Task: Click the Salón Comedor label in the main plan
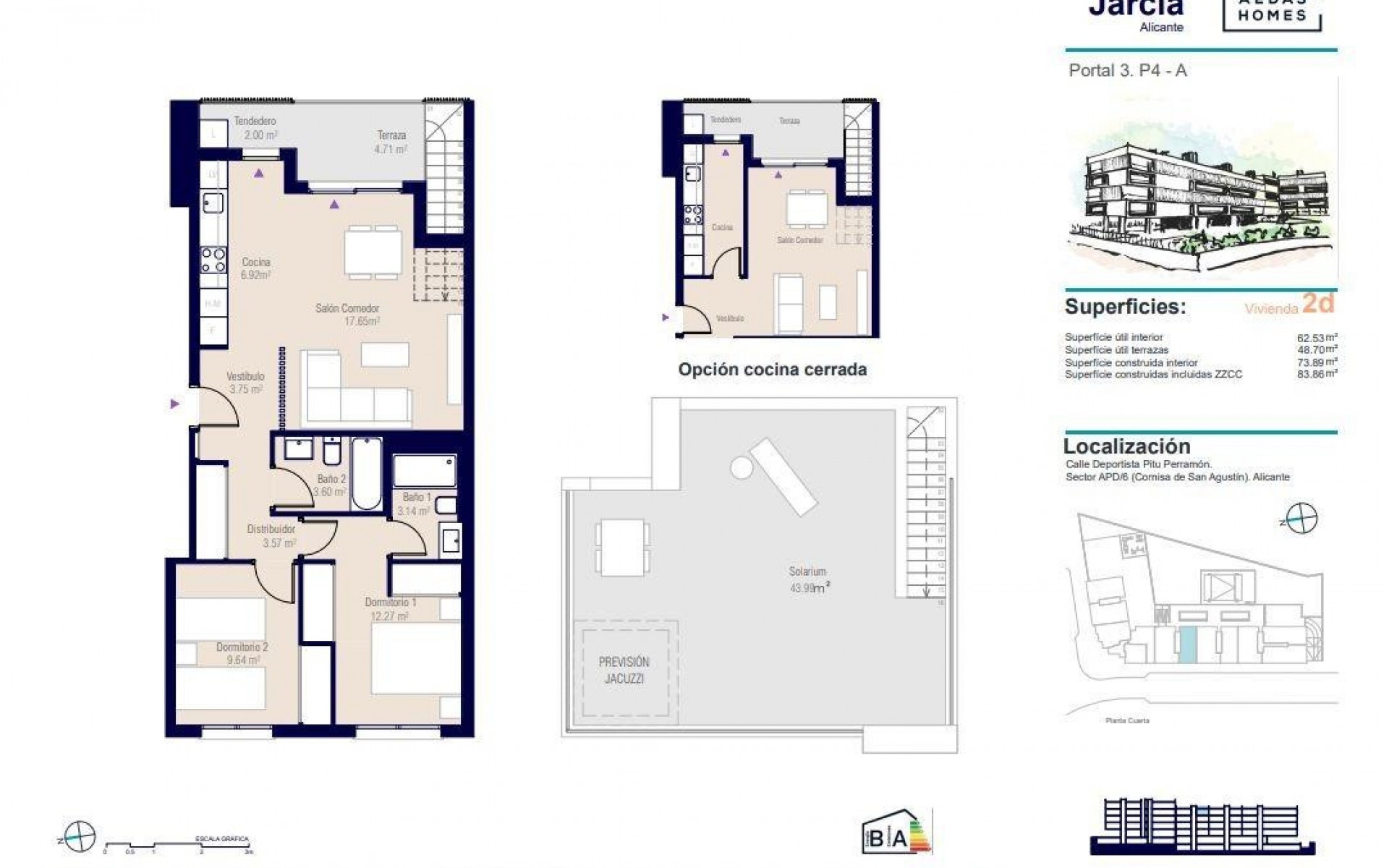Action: click(x=347, y=308)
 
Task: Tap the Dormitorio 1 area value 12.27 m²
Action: click(x=389, y=616)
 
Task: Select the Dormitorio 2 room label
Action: click(x=242, y=647)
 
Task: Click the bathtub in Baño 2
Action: click(x=365, y=473)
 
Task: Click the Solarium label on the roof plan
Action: click(x=807, y=571)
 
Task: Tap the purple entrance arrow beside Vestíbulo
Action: click(x=174, y=404)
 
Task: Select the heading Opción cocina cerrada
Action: click(x=772, y=370)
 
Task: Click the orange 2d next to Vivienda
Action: click(x=1317, y=304)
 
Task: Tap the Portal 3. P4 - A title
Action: click(x=1127, y=71)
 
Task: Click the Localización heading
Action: click(x=1126, y=446)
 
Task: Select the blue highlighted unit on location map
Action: click(x=1187, y=644)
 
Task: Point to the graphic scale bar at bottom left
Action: click(x=177, y=844)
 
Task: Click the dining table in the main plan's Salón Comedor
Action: click(x=373, y=252)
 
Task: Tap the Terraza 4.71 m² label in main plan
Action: click(x=391, y=141)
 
